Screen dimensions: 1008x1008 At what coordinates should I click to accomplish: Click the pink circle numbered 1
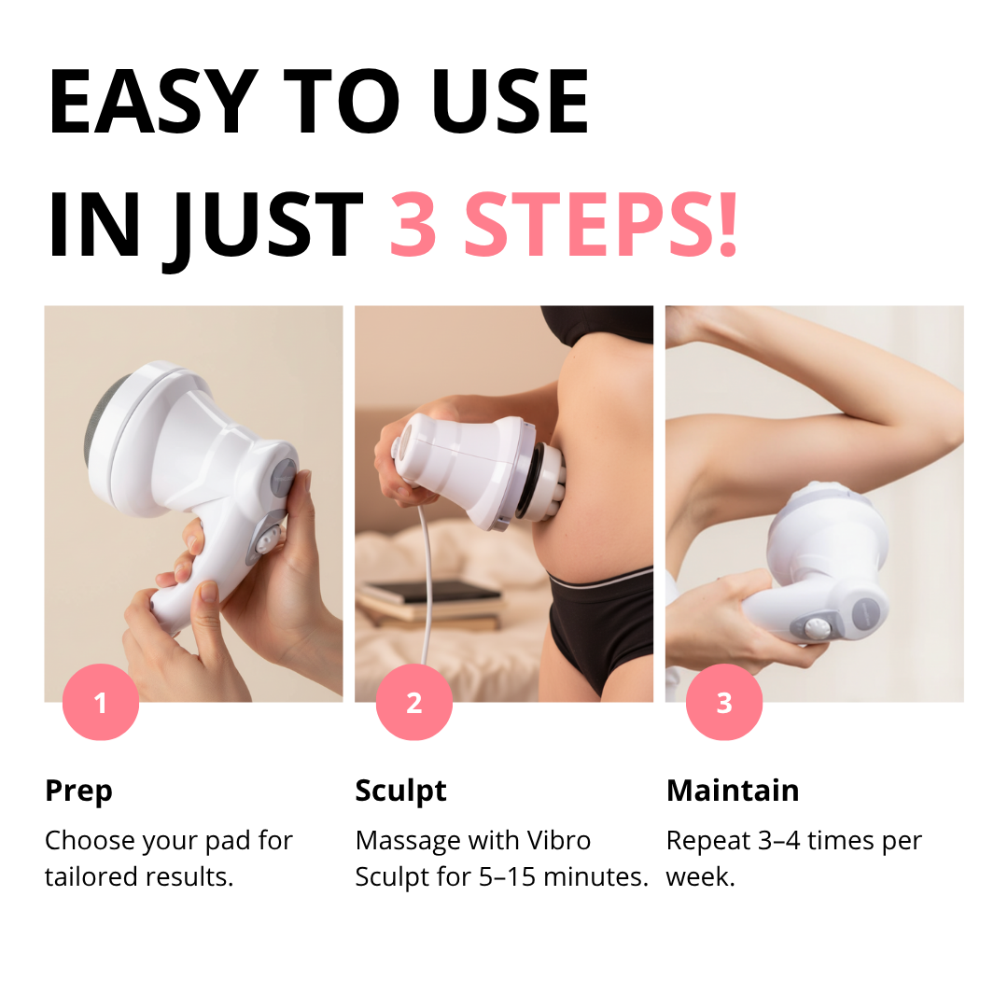click(x=101, y=702)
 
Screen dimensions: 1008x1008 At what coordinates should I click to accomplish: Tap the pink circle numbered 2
click(x=413, y=702)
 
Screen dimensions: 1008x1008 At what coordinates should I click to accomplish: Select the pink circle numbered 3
click(x=724, y=702)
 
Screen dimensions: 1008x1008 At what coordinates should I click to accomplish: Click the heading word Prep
click(x=78, y=791)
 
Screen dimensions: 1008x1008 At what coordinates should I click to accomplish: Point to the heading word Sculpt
click(x=400, y=791)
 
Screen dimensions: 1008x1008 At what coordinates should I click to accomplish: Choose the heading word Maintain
click(x=733, y=791)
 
